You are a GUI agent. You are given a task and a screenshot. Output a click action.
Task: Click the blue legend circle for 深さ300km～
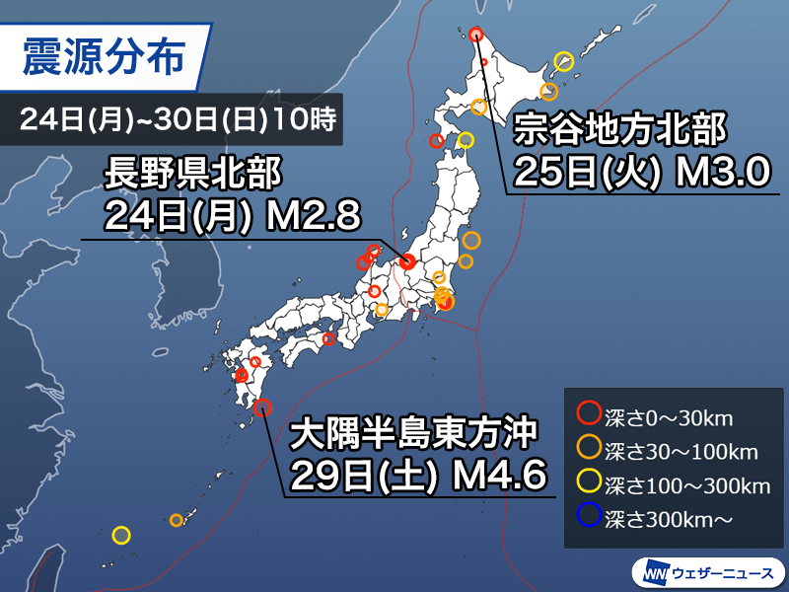(x=589, y=515)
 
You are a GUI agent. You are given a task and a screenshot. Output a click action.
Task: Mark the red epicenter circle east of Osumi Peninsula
(x=262, y=406)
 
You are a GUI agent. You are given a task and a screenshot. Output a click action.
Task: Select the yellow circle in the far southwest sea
(x=120, y=536)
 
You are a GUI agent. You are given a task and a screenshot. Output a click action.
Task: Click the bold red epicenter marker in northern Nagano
(x=407, y=260)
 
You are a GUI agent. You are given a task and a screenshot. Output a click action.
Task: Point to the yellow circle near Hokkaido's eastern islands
(x=564, y=59)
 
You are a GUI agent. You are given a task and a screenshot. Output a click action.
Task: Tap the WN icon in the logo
(x=655, y=571)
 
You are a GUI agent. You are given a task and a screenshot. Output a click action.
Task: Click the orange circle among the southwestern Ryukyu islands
(x=177, y=520)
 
